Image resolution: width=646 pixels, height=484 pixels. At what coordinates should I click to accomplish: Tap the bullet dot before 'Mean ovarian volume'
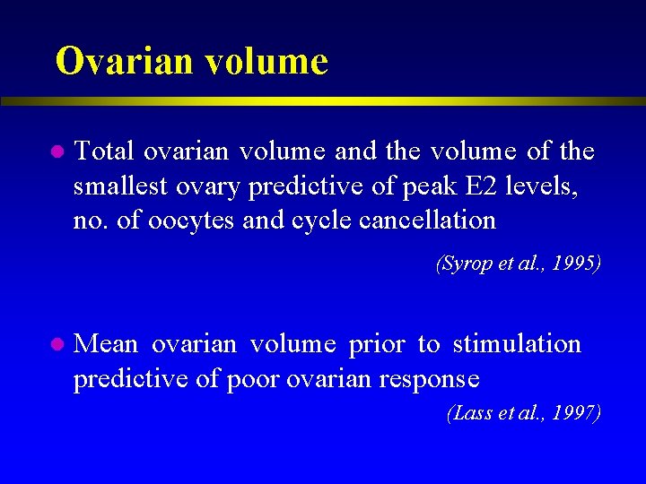point(56,344)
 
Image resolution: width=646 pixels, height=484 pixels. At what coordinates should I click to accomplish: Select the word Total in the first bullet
point(105,151)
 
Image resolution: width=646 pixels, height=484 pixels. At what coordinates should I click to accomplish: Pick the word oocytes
point(192,220)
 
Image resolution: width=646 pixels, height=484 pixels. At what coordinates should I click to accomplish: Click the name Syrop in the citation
point(464,265)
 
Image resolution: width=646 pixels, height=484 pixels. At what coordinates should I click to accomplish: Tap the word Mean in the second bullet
point(107,344)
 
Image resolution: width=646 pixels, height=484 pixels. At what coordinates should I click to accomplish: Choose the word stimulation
point(517,344)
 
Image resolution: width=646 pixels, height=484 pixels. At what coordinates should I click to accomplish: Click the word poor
point(253,379)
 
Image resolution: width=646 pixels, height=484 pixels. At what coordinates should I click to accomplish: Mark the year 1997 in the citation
point(576,413)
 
